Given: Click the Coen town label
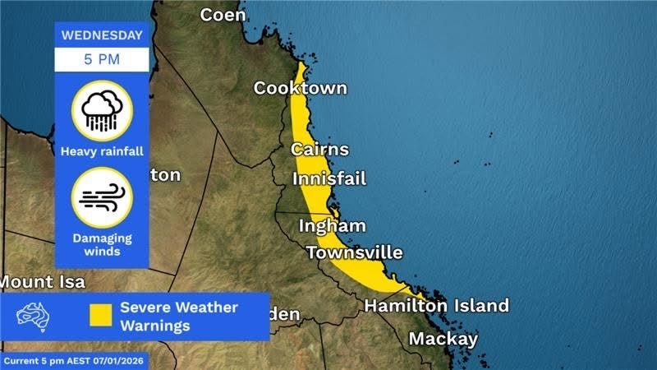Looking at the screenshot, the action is [x=223, y=15].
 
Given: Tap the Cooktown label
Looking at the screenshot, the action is [x=300, y=88].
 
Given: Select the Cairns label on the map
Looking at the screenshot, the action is [x=319, y=150].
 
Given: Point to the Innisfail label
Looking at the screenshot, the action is [x=329, y=178].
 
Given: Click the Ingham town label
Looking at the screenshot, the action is [x=332, y=226].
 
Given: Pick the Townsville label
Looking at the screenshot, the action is [x=355, y=252].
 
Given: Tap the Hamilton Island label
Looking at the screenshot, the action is [x=436, y=306].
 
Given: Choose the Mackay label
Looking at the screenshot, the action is [x=443, y=339].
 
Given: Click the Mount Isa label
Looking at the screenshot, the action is [x=41, y=281].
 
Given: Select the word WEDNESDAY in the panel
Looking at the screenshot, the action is [x=102, y=35].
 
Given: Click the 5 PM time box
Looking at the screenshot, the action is [x=102, y=59].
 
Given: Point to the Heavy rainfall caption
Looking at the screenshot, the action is [x=102, y=151].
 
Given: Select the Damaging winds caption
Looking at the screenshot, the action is [x=102, y=244].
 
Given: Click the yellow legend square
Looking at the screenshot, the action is [x=101, y=316].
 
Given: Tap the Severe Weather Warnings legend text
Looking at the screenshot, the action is [x=179, y=317].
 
